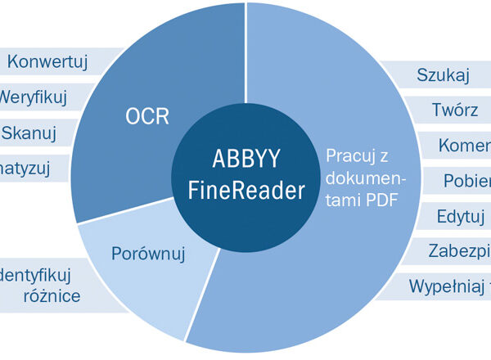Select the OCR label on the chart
click(147, 116)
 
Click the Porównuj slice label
click(148, 254)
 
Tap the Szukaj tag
click(443, 76)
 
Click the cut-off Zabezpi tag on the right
click(459, 251)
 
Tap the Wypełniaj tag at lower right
click(449, 286)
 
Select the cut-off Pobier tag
click(466, 181)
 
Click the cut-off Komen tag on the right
click(464, 146)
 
